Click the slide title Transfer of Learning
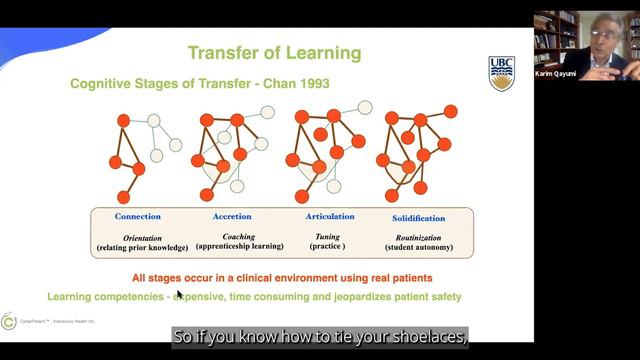tap(274, 52)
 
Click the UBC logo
tap(502, 72)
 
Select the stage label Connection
tap(137, 216)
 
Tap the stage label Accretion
tap(232, 216)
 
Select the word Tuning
tap(328, 236)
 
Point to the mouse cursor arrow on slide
tap(180, 295)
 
